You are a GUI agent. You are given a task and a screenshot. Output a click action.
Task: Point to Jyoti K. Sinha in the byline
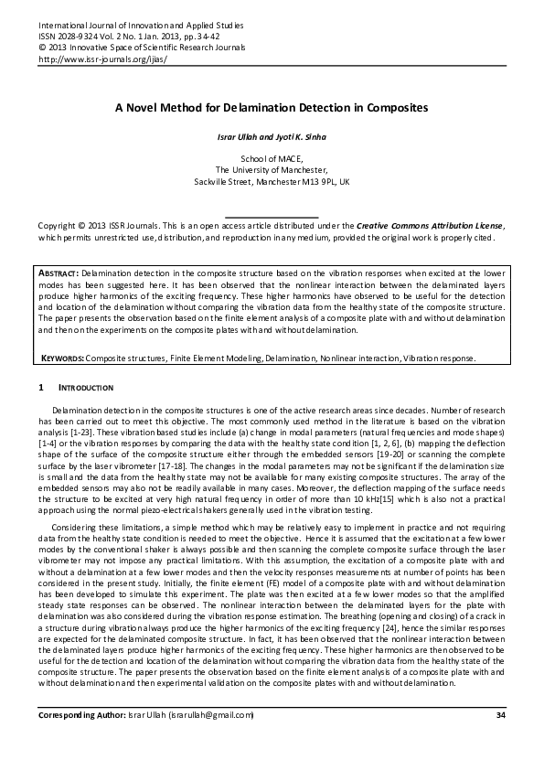pos(300,137)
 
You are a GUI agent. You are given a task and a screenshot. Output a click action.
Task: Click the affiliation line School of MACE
pos(272,158)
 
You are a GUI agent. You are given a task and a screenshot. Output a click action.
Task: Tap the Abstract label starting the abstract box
pos(60,273)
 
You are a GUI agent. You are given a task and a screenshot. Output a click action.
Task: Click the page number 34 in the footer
pos(499,714)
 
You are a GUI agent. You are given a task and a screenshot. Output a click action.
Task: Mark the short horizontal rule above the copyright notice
pos(272,217)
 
